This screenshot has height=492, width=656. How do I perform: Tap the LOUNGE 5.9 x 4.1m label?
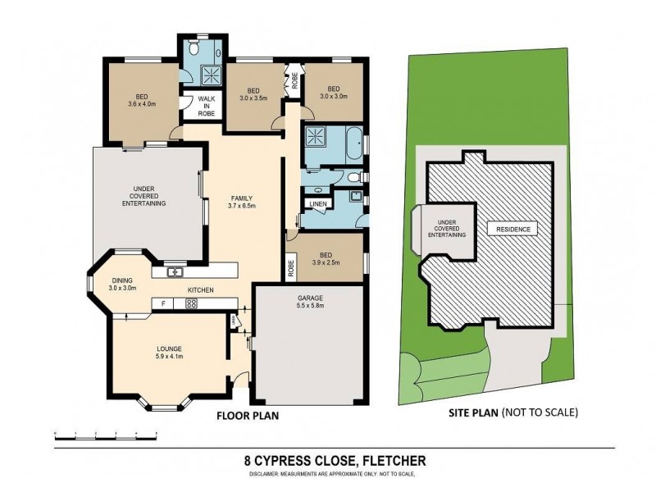tap(170, 352)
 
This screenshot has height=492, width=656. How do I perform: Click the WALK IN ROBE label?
tap(206, 107)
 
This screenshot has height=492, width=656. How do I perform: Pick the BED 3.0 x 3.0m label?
tap(333, 93)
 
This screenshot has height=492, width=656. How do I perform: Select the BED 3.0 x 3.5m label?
tap(253, 93)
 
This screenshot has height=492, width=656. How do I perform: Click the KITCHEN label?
tap(201, 290)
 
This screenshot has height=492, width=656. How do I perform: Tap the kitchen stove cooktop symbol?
tap(191, 303)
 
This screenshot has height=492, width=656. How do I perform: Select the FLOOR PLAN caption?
tap(248, 416)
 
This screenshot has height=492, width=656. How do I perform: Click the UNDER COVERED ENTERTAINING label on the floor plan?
tap(149, 197)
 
